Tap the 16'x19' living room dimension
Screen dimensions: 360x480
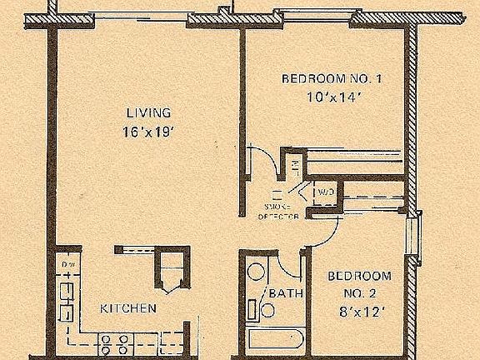148,130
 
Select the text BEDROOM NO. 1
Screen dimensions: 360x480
332,79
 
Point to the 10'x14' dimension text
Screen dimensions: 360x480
332,96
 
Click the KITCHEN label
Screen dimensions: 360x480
128,308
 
